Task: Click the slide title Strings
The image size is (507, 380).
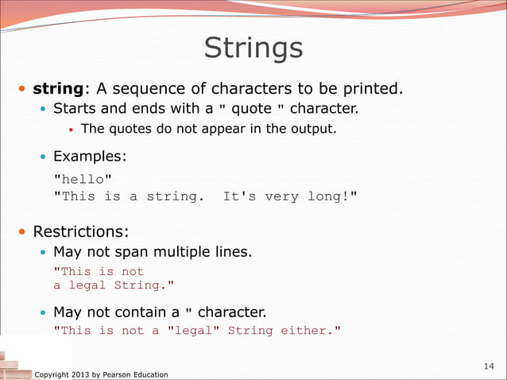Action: [x=253, y=48]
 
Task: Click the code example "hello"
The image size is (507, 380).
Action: [x=77, y=180]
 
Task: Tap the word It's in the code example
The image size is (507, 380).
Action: [x=239, y=196]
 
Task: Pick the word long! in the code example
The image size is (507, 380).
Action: [x=331, y=196]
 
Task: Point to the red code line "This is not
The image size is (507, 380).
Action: [x=99, y=271]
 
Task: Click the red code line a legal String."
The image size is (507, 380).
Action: [x=113, y=285]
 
